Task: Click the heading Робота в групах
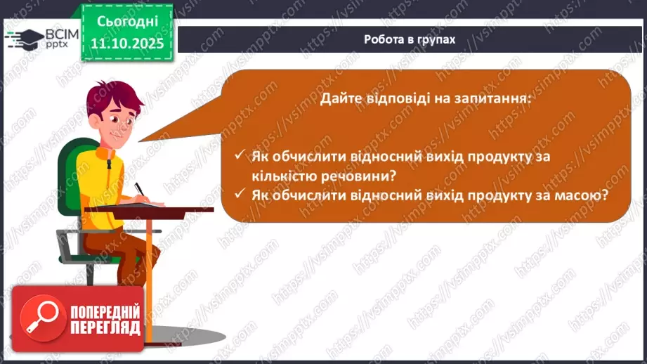pos(410,39)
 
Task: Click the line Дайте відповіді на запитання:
pos(425,99)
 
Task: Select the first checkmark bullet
pos(240,156)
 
